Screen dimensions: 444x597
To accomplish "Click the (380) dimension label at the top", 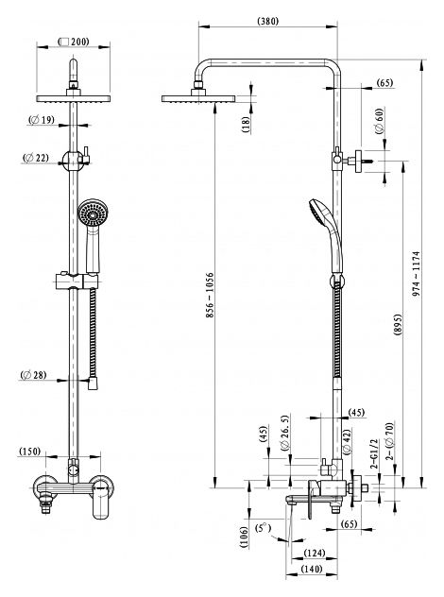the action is click(268, 21).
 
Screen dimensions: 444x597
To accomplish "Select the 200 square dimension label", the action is click(74, 42).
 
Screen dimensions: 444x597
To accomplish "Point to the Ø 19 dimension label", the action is click(42, 120).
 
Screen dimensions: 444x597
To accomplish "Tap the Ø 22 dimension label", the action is click(36, 157).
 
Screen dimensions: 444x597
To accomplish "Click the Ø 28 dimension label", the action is click(33, 375).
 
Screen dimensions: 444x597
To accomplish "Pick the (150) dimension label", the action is click(29, 452).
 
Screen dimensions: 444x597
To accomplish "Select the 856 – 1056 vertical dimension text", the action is click(210, 295).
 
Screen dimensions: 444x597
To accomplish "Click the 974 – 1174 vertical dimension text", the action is click(417, 274).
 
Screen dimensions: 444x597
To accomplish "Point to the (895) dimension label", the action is click(398, 325).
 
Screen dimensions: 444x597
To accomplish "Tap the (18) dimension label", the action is click(246, 124).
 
